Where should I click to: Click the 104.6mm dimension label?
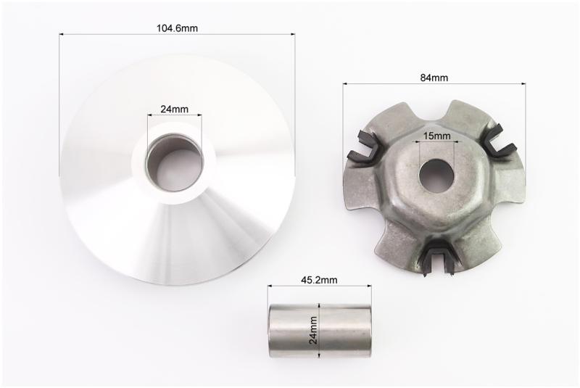tap(177, 28)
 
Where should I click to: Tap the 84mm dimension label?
tap(434, 78)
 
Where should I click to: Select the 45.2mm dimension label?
tap(319, 280)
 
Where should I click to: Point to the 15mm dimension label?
tap(437, 136)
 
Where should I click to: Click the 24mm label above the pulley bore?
tap(174, 109)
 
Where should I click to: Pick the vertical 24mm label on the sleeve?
tap(314, 330)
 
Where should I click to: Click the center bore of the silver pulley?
tap(175, 162)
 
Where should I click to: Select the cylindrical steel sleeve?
tap(320, 331)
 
